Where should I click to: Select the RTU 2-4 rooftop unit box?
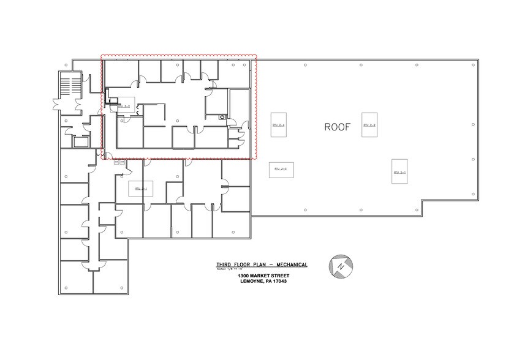click(x=279, y=124)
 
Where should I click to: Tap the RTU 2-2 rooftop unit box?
click(x=368, y=125)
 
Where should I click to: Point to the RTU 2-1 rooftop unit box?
click(x=399, y=172)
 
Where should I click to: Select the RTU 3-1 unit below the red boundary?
click(x=140, y=189)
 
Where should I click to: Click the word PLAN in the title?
click(x=257, y=264)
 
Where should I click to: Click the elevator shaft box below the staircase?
click(x=80, y=141)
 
